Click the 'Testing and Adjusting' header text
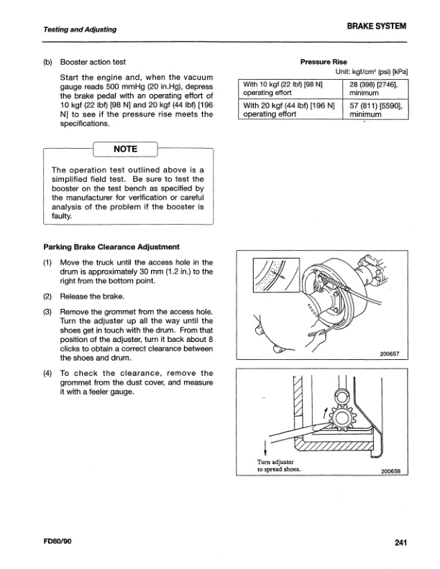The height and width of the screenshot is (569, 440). click(x=70, y=29)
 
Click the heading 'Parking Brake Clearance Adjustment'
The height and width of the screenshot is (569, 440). click(x=111, y=247)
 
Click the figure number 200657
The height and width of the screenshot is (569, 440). click(x=390, y=353)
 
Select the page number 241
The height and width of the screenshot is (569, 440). click(x=400, y=542)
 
